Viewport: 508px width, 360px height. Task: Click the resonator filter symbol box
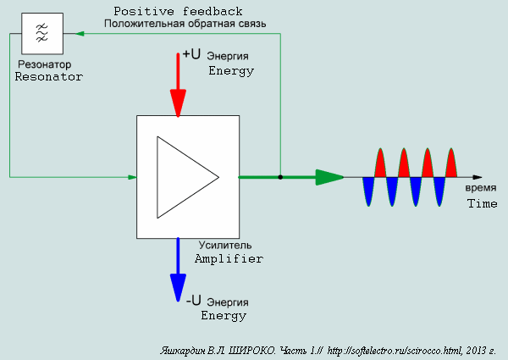pyautogui.click(x=42, y=33)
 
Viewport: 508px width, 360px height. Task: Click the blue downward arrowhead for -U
pyautogui.click(x=178, y=288)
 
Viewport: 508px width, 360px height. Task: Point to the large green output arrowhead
pyautogui.click(x=329, y=177)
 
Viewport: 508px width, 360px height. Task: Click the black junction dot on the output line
pyautogui.click(x=280, y=177)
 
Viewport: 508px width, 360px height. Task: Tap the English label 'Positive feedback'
pyautogui.click(x=178, y=12)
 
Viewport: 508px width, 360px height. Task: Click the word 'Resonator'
pyautogui.click(x=49, y=77)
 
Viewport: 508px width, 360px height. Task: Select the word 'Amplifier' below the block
pyautogui.click(x=229, y=259)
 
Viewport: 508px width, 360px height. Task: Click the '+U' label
pyautogui.click(x=191, y=54)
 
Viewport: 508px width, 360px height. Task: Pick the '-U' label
pyautogui.click(x=193, y=301)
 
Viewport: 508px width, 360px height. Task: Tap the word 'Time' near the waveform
pyautogui.click(x=482, y=203)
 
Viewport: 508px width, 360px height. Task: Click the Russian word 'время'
pyautogui.click(x=481, y=188)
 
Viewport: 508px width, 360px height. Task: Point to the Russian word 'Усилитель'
pyautogui.click(x=225, y=246)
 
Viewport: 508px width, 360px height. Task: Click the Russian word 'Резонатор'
pyautogui.click(x=44, y=64)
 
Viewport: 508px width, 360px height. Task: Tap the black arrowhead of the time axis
pyautogui.click(x=478, y=177)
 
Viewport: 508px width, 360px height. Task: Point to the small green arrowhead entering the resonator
pyautogui.click(x=80, y=33)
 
